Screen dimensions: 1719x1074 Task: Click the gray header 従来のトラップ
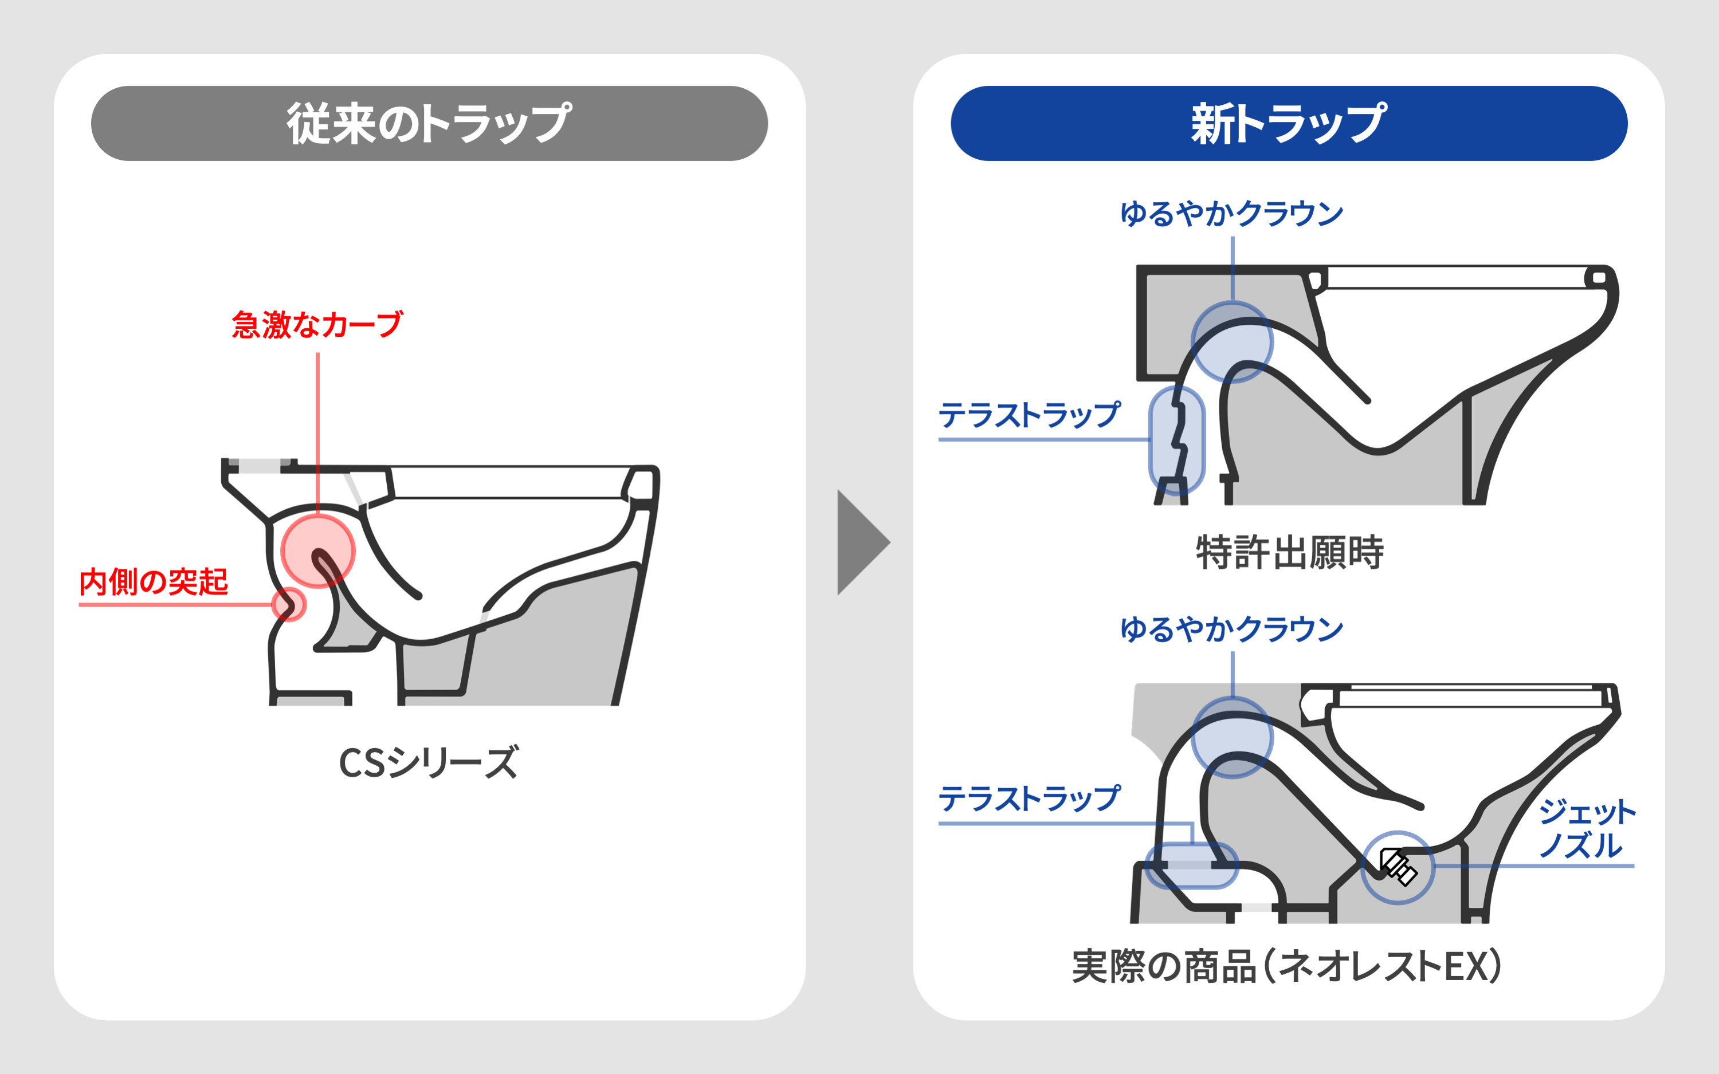(x=429, y=124)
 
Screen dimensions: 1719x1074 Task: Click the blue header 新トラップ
(x=1289, y=124)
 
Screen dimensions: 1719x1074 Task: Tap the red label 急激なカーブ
(x=317, y=325)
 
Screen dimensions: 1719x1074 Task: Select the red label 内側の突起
(x=154, y=582)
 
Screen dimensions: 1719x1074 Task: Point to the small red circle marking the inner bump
(x=288, y=604)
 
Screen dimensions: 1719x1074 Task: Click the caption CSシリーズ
(x=429, y=763)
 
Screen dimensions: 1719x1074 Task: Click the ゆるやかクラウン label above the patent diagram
(x=1232, y=213)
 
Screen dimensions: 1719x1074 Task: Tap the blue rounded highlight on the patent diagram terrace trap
(x=1177, y=440)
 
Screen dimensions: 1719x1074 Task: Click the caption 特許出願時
(x=1290, y=553)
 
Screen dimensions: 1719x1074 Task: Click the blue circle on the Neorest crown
(x=1233, y=737)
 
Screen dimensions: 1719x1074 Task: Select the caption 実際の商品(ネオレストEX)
(x=1287, y=966)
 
